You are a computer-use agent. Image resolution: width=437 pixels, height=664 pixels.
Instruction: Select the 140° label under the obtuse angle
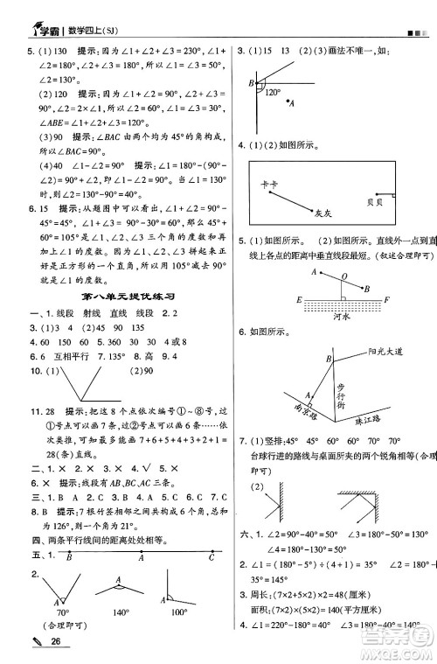116,638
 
